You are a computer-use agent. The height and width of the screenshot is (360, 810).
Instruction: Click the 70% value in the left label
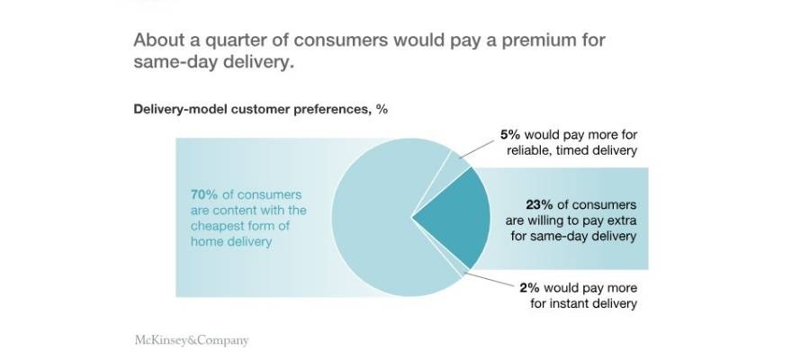tap(203, 194)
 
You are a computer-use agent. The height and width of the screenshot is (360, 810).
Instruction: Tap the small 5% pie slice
tap(454, 166)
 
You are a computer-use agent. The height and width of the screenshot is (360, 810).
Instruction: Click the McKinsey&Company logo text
tap(191, 340)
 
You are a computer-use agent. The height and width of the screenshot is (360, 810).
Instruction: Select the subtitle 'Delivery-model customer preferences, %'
tap(260, 109)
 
